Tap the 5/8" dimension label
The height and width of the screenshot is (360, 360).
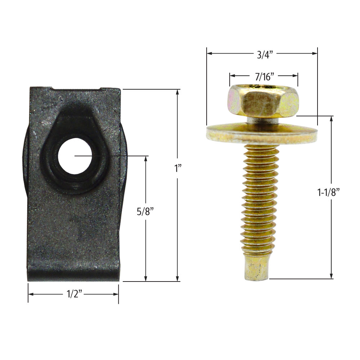click(x=146, y=212)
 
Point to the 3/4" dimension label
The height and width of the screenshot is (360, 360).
click(x=265, y=55)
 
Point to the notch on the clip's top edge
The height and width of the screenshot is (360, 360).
click(x=76, y=89)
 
